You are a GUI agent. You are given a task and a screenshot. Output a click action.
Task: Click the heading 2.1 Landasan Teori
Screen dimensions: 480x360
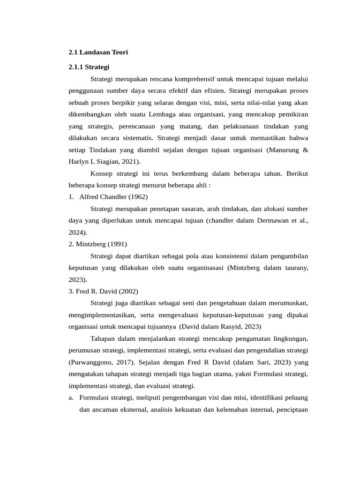pos(98,52)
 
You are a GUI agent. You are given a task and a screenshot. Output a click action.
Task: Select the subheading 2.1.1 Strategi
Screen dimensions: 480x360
pos(89,67)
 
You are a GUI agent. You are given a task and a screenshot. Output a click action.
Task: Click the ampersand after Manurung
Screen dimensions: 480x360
pos(306,150)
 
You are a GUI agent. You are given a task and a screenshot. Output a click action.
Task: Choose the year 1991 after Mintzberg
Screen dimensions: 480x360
pos(117,244)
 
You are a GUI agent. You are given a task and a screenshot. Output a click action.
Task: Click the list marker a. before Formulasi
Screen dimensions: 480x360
pos(71,398)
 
